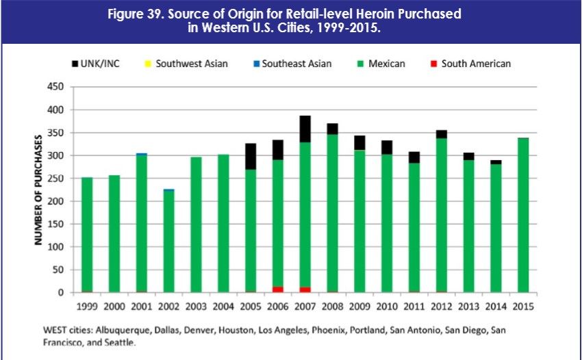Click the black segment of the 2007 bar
tap(304, 129)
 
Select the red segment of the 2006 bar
tap(277, 290)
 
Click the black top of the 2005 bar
tap(250, 157)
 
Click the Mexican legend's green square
tap(360, 64)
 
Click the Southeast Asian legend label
tap(296, 64)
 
